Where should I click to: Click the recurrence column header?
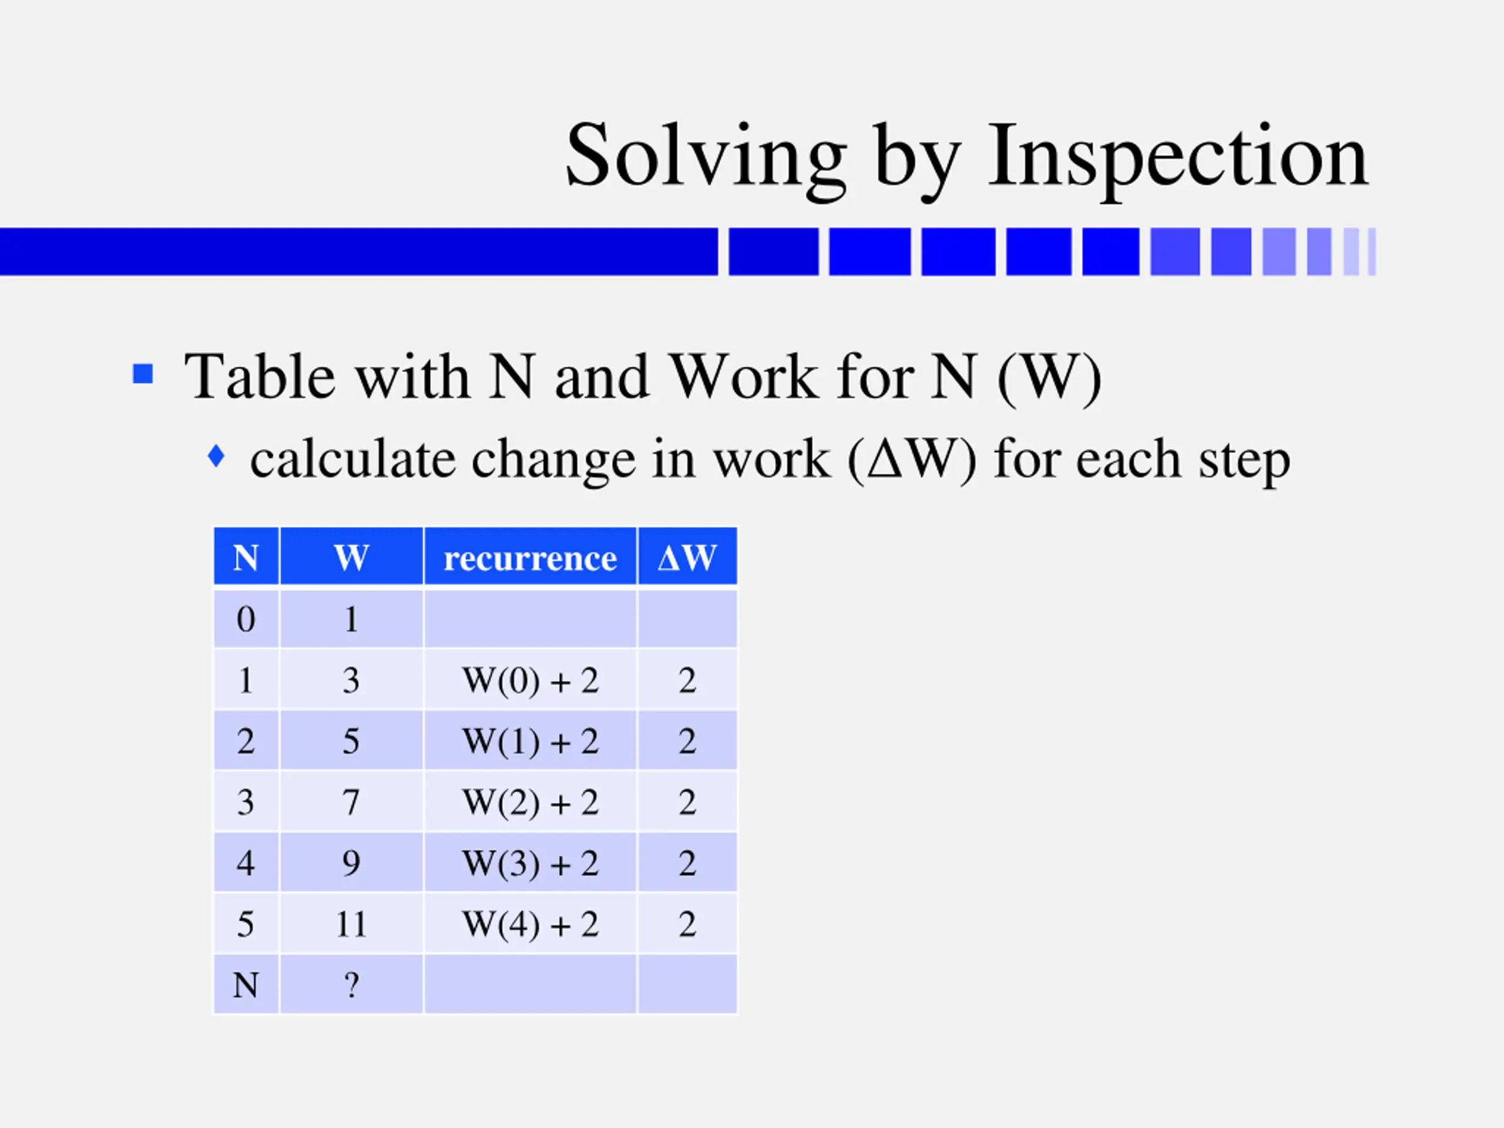[530, 558]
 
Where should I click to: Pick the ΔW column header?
[687, 558]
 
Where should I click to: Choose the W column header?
[351, 558]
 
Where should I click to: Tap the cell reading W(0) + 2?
[530, 680]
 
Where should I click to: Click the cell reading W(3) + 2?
[530, 863]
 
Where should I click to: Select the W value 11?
[351, 924]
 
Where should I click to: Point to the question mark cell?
[351, 985]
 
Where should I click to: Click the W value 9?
[351, 863]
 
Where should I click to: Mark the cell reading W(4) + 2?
[530, 924]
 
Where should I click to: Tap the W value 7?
[351, 803]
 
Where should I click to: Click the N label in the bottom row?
[246, 985]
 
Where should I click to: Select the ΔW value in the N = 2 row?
[687, 741]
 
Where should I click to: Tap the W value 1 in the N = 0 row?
[351, 619]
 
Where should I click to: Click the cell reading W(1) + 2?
[530, 741]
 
